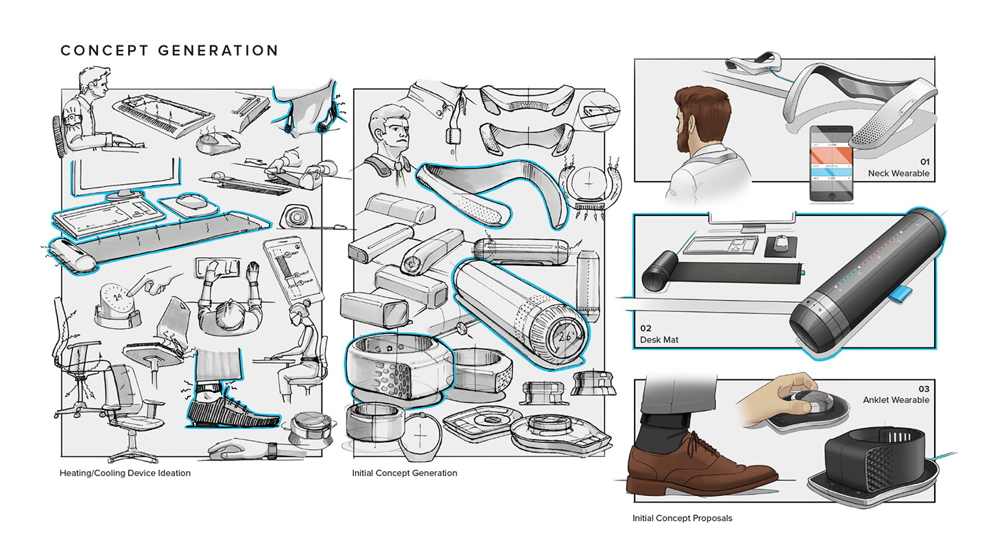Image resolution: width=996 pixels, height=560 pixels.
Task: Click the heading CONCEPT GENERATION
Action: pyautogui.click(x=169, y=50)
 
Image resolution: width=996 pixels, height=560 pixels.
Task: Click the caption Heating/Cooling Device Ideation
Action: pyautogui.click(x=125, y=473)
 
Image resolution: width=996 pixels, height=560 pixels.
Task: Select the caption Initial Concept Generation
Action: pyautogui.click(x=405, y=473)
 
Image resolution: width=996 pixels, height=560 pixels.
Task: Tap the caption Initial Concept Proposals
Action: pyautogui.click(x=682, y=518)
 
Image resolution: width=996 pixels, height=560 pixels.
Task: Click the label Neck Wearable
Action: pyautogui.click(x=899, y=173)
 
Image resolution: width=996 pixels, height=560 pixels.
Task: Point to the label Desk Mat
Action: pyautogui.click(x=659, y=340)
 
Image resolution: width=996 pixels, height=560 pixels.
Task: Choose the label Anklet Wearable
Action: pyautogui.click(x=896, y=399)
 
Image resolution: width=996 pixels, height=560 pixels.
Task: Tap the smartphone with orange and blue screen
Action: pyautogui.click(x=830, y=163)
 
